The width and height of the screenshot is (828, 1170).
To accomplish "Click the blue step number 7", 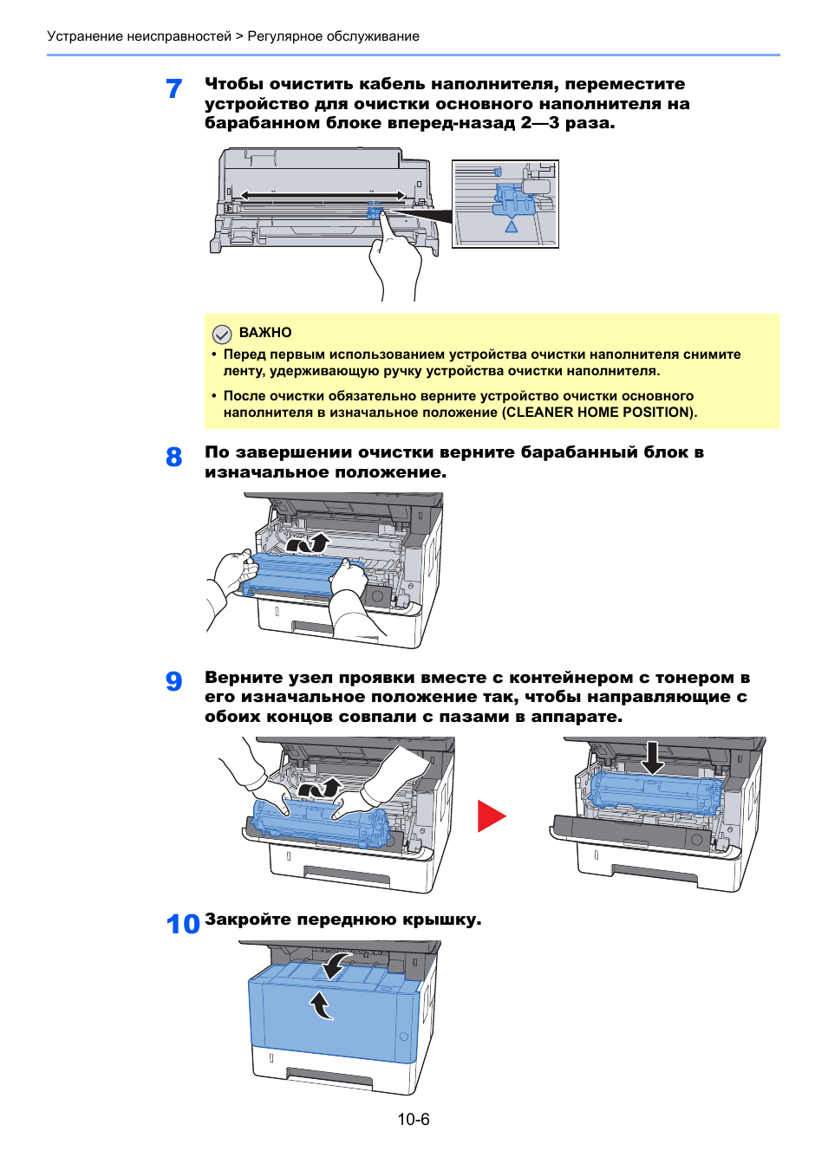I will pos(174,88).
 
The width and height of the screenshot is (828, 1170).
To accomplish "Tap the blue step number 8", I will pos(174,457).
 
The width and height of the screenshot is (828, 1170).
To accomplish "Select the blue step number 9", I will pos(174,681).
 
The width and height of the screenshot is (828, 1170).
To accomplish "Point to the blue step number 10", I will pos(183,924).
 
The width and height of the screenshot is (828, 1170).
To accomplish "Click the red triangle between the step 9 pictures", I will pos(490,816).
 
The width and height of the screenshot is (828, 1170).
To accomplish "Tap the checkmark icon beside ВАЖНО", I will pos(222,334).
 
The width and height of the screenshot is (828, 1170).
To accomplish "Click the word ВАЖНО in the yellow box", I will pos(265,333).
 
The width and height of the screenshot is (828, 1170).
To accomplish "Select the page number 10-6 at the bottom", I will pos(414,1120).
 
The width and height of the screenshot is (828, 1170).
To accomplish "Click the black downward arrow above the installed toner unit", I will pos(653,757).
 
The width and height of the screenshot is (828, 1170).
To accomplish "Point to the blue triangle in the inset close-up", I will pos(512,226).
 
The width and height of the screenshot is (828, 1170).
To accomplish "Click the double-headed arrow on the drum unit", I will pos(323,196).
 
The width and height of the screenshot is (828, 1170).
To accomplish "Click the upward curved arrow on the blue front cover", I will pos(321,1006).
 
